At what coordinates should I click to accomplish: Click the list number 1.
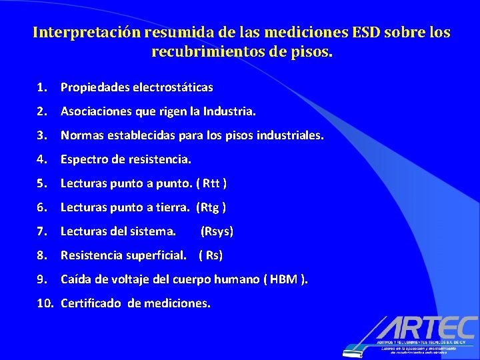tap(41, 87)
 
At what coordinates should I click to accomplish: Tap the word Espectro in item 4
tap(85, 159)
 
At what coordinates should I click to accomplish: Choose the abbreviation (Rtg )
tap(211, 207)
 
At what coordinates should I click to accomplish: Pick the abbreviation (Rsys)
tap(217, 231)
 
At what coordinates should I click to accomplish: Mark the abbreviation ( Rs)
tap(211, 255)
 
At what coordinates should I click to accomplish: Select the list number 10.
tap(45, 303)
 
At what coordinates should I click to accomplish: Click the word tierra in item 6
tap(173, 207)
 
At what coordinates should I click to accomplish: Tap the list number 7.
tap(41, 231)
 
